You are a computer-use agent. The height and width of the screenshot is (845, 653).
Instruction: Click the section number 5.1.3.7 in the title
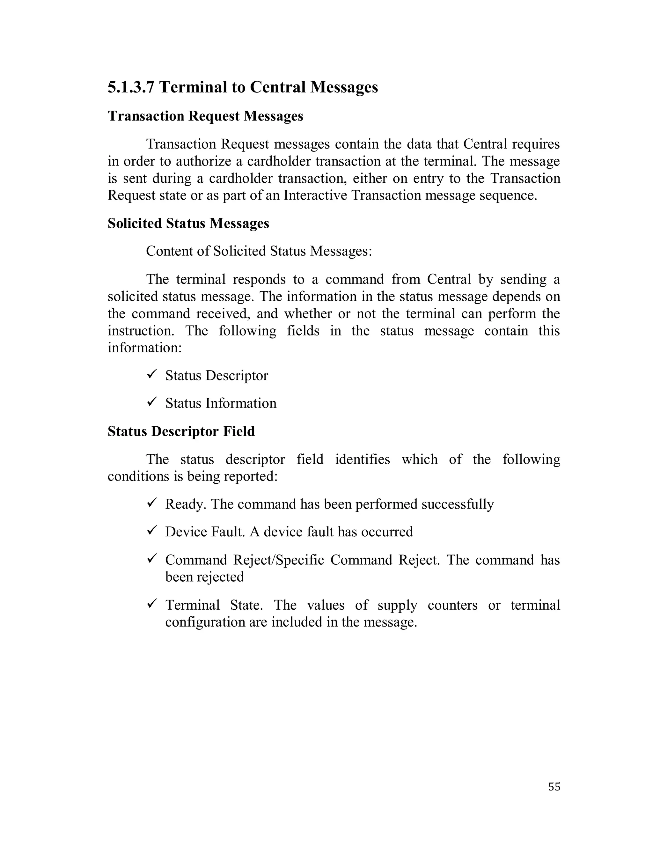[131, 87]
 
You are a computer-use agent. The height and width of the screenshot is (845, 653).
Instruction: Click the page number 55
[554, 787]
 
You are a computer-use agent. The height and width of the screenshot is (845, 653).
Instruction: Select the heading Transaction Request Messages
[205, 116]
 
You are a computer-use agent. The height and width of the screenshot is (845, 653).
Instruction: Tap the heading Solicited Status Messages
[188, 223]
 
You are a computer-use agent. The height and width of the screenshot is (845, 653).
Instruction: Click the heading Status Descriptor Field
[181, 431]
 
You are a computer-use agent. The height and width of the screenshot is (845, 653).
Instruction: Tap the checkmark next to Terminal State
[151, 603]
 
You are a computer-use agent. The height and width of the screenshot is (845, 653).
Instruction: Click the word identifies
[362, 459]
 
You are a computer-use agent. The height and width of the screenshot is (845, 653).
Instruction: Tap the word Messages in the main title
[344, 87]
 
